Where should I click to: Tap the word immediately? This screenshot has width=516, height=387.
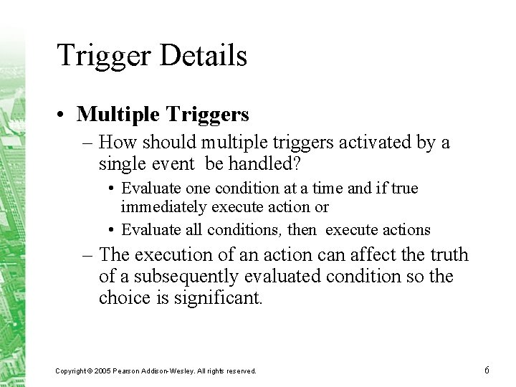click(161, 207)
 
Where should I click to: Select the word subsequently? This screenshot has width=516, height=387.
click(186, 276)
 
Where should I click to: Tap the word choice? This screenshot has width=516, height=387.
click(124, 297)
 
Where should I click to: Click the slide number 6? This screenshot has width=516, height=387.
click(487, 370)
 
